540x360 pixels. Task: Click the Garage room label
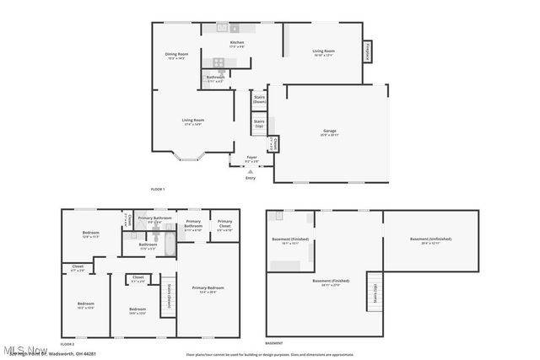329,132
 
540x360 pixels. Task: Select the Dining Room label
176,56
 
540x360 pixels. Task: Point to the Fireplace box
368,51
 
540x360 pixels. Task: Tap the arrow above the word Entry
250,172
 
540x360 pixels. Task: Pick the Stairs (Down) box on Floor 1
259,100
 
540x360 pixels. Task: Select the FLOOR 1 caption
158,190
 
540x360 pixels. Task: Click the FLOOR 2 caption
67,344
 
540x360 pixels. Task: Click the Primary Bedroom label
207,290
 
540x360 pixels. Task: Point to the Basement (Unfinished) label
431,240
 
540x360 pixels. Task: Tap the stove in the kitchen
219,62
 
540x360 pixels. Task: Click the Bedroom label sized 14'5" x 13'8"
138,310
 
